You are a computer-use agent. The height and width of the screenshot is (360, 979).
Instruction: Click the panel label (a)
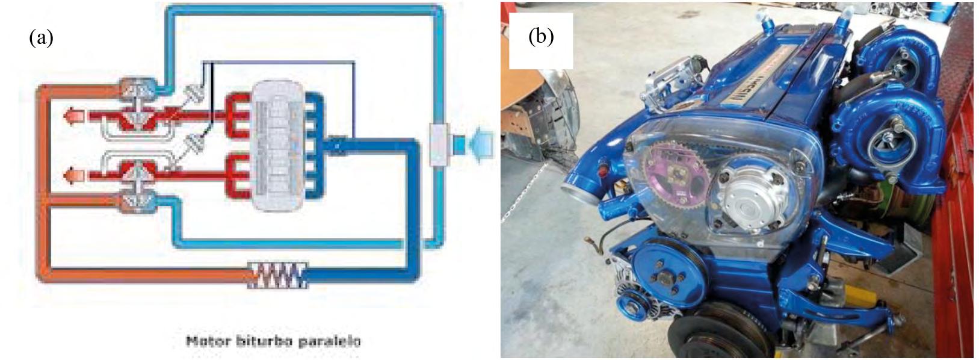click(x=42, y=38)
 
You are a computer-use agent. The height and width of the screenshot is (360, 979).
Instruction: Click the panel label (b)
click(x=540, y=37)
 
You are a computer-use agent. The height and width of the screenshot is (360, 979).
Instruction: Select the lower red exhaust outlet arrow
click(x=75, y=175)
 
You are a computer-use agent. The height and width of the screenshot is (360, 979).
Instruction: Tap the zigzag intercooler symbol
click(x=278, y=275)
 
